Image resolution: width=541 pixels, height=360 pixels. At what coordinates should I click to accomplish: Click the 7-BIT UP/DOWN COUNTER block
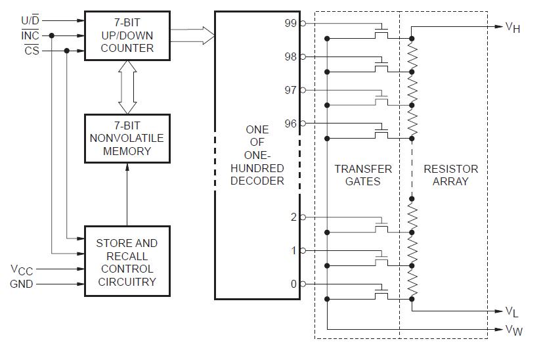click(x=127, y=35)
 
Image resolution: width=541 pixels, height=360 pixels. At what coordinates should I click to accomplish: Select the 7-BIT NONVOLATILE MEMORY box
click(x=127, y=138)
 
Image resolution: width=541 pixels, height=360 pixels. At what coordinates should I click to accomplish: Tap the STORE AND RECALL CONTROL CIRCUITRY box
click(x=127, y=262)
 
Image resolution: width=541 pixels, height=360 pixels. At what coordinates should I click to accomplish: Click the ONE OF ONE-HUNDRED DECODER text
click(x=257, y=155)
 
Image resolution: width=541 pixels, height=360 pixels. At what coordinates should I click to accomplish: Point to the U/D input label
click(x=30, y=20)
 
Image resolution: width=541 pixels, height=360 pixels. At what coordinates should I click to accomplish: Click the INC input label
click(x=30, y=35)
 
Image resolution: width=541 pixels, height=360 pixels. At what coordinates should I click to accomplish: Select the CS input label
click(x=32, y=51)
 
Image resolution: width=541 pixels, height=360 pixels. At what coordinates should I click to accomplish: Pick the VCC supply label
click(x=22, y=269)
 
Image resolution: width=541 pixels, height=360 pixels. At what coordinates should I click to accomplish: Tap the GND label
click(x=22, y=284)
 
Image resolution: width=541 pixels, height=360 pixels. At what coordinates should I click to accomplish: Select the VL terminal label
click(x=512, y=311)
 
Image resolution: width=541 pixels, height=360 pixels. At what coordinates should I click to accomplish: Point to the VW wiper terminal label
click(x=513, y=330)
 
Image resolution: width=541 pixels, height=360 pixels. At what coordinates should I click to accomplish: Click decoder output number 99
click(x=290, y=23)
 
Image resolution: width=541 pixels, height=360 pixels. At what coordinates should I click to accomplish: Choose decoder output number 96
click(x=290, y=123)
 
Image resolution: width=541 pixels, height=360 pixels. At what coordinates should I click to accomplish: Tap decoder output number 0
click(x=293, y=284)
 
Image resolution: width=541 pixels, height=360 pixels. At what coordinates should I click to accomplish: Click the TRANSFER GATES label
click(x=362, y=175)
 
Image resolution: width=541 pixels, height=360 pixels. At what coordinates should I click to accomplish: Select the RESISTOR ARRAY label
click(x=450, y=175)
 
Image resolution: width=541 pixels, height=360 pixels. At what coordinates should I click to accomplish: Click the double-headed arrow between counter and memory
click(x=127, y=87)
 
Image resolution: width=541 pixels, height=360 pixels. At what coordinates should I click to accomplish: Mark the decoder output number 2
click(x=293, y=217)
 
